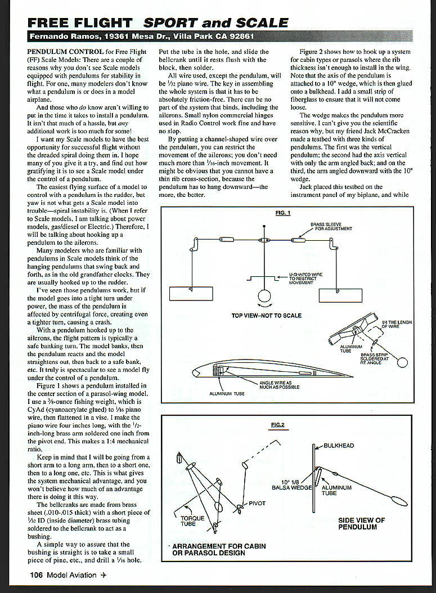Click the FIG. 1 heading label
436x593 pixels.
(x=281, y=213)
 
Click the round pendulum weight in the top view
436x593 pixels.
(x=264, y=297)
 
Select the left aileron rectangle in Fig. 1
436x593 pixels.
(x=191, y=295)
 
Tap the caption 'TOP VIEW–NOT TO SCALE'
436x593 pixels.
(x=266, y=316)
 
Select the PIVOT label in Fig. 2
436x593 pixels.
(x=257, y=503)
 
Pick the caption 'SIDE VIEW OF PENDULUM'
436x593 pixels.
(x=361, y=524)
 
